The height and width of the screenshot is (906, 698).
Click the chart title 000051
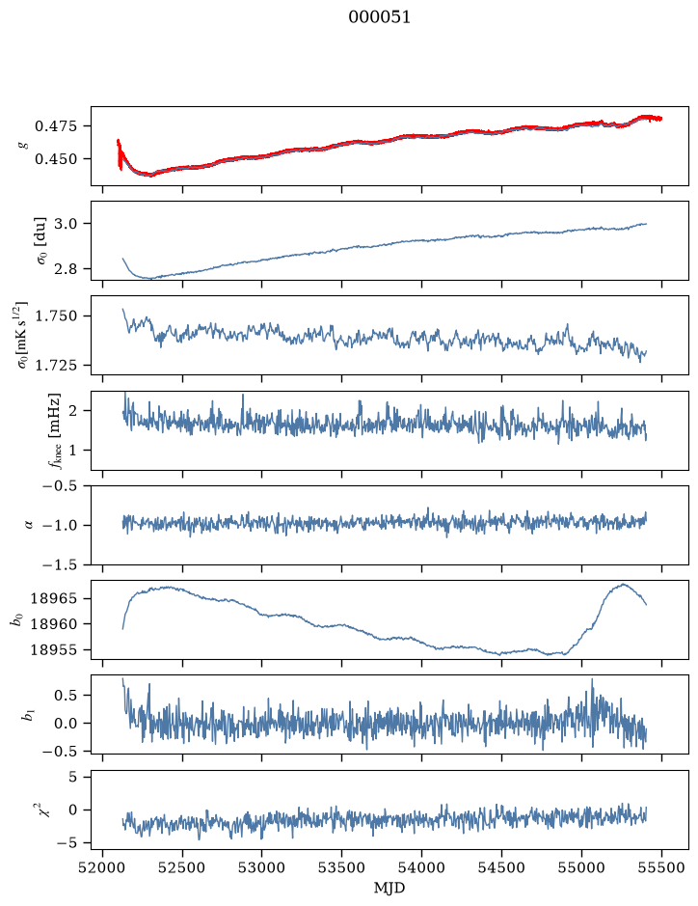(379, 17)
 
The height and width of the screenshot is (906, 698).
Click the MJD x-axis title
(389, 888)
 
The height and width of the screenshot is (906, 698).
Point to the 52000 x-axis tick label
(103, 867)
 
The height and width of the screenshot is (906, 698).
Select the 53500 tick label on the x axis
(342, 867)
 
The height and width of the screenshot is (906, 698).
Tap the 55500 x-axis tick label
(661, 867)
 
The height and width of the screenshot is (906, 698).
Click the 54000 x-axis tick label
(422, 867)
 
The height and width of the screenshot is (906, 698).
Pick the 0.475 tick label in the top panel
(55, 126)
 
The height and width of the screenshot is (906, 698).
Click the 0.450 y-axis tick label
(55, 159)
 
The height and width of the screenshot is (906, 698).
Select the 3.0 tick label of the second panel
(66, 224)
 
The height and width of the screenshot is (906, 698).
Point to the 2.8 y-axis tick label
(66, 269)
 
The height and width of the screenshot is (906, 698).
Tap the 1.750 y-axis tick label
(55, 316)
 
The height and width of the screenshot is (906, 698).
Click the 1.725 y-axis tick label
(55, 365)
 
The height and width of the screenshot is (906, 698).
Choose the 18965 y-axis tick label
(54, 598)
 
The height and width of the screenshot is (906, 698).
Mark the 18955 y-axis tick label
(54, 650)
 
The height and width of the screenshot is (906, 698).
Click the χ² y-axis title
(44, 809)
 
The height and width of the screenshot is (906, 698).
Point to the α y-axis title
(29, 525)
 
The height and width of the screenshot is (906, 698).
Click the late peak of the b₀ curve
(623, 584)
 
